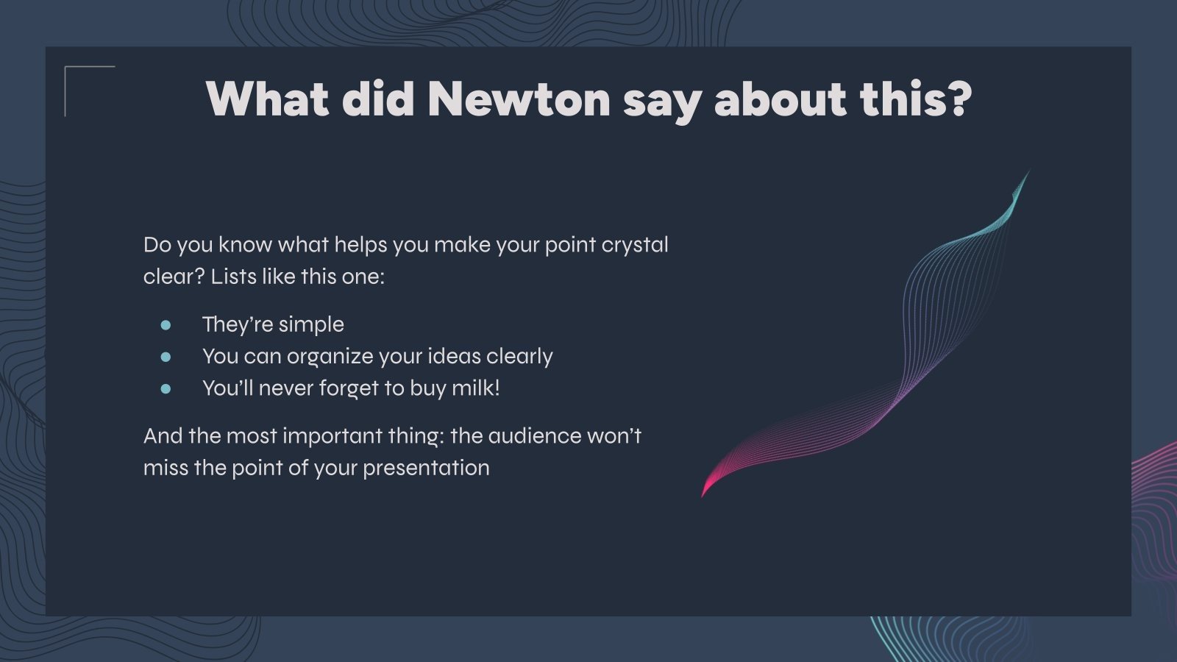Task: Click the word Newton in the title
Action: click(x=519, y=99)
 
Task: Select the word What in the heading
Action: click(x=268, y=99)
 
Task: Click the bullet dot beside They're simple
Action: click(x=166, y=325)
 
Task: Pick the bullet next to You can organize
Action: click(x=166, y=357)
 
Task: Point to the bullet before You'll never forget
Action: click(x=166, y=389)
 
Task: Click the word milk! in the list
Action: click(x=475, y=388)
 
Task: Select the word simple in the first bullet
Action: click(x=311, y=325)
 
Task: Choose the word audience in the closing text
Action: click(x=534, y=436)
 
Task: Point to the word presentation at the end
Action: click(x=426, y=469)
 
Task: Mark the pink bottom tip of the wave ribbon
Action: click(x=703, y=495)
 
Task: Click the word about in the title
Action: click(x=780, y=99)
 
